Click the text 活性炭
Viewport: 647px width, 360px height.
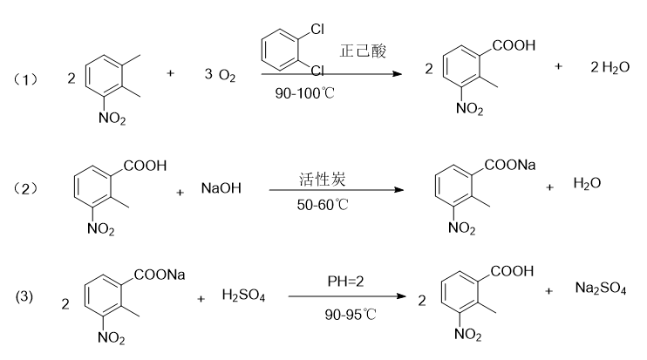click(x=317, y=177)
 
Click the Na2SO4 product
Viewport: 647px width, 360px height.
click(x=600, y=289)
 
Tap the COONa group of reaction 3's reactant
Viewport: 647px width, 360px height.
click(x=160, y=275)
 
